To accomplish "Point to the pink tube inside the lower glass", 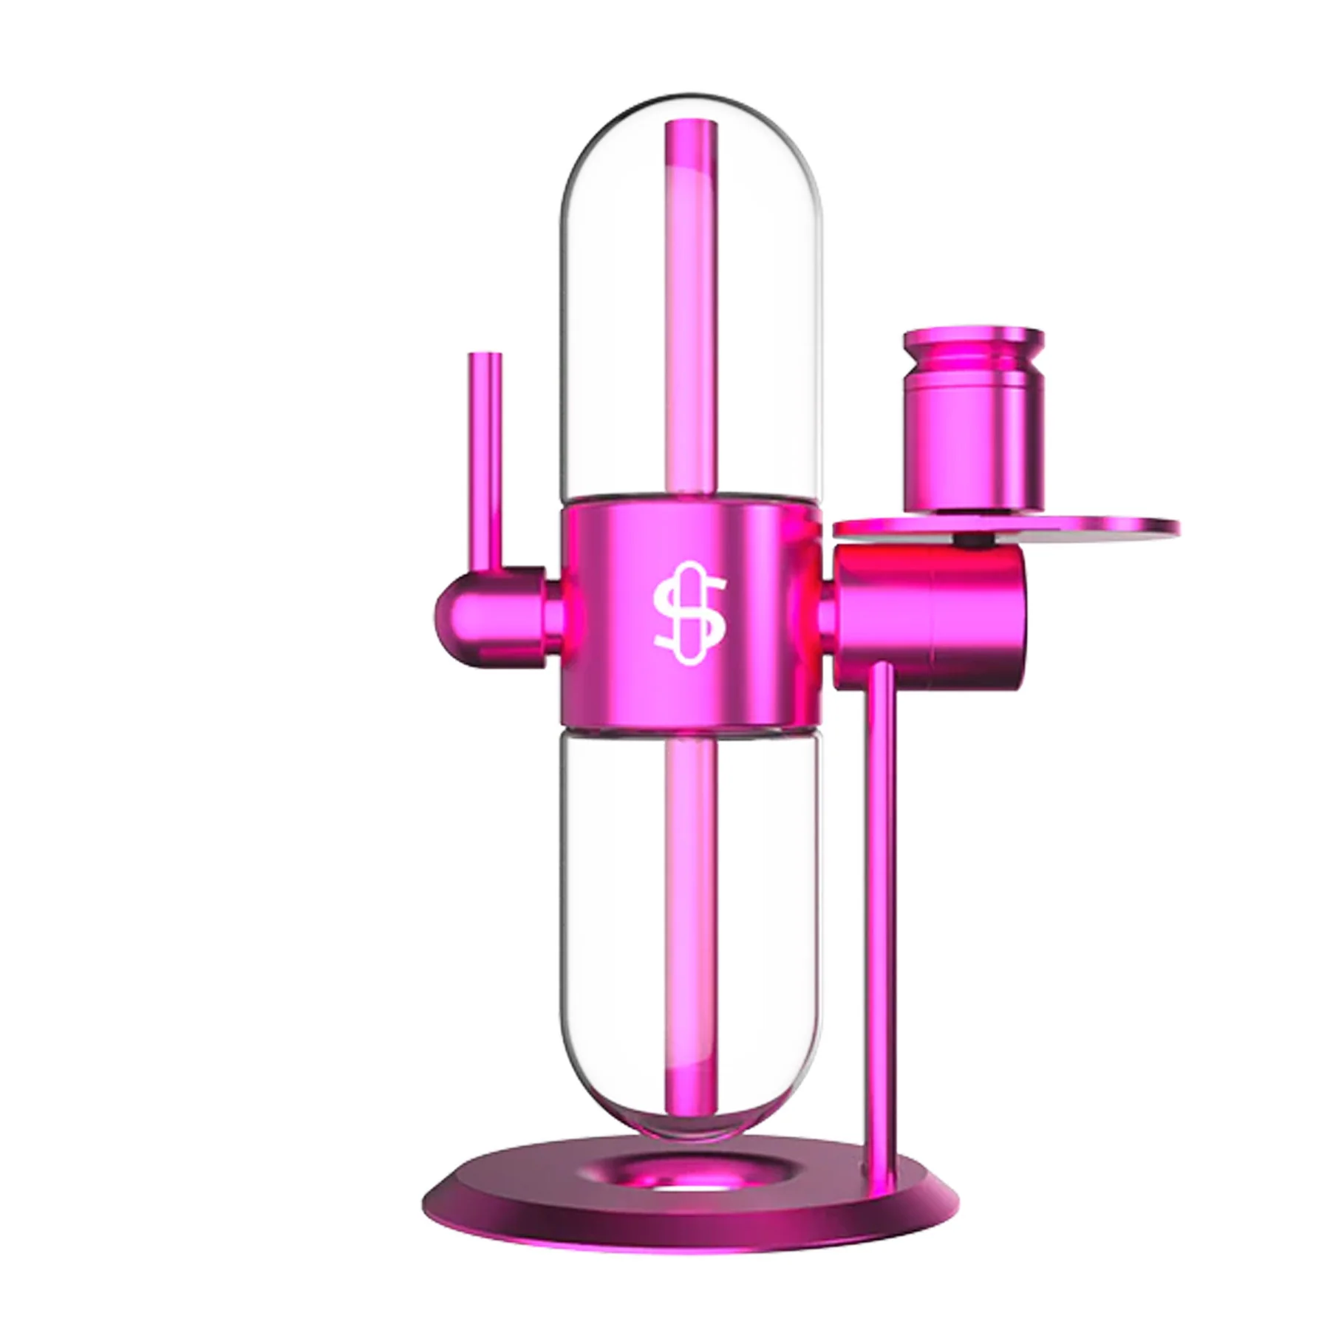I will pos(691,887).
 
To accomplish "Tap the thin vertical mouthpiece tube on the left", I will pos(485,458).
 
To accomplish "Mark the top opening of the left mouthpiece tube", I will pos(485,356).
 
